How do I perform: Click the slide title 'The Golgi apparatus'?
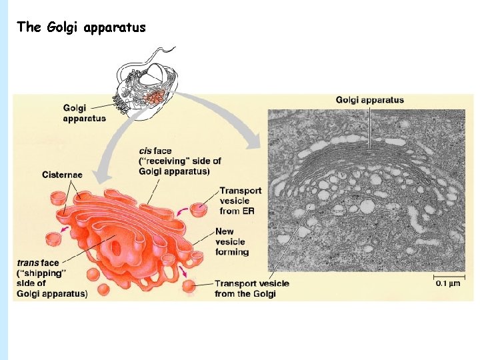(x=81, y=27)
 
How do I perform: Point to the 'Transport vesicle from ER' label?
(x=241, y=201)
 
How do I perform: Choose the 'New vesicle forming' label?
(x=233, y=241)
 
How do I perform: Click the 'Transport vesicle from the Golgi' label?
(x=252, y=288)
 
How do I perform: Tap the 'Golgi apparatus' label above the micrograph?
(x=369, y=100)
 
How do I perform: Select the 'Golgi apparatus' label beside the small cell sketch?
(x=84, y=113)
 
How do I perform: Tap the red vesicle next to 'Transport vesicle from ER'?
(x=199, y=210)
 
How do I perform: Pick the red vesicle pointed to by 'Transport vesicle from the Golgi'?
(x=189, y=287)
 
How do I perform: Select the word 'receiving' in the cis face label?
(x=165, y=161)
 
